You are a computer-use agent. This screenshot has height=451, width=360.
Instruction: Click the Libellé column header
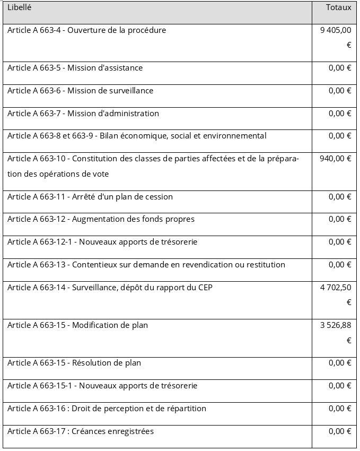(x=19, y=8)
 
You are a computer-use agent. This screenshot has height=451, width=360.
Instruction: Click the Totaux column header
(x=338, y=8)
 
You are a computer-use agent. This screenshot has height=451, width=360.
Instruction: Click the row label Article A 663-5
(x=75, y=68)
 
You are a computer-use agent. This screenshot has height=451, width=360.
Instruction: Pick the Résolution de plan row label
(x=106, y=363)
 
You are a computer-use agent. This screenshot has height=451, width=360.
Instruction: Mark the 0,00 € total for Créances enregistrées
(x=340, y=431)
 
